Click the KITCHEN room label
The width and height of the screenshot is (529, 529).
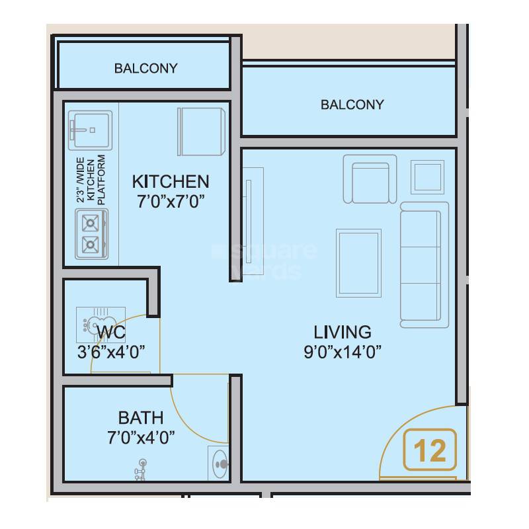(170, 181)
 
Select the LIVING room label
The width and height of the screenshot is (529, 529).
(342, 331)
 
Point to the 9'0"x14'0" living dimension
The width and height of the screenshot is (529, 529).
(342, 351)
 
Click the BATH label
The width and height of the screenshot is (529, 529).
(140, 418)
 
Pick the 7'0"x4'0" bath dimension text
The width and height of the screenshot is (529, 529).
(140, 437)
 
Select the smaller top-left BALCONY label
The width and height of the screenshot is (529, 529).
(145, 68)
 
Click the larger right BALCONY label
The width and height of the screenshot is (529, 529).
(352, 104)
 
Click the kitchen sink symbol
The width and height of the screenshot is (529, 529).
(90, 130)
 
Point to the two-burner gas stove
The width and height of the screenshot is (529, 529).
(90, 234)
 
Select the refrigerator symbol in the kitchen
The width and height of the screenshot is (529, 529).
(202, 131)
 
